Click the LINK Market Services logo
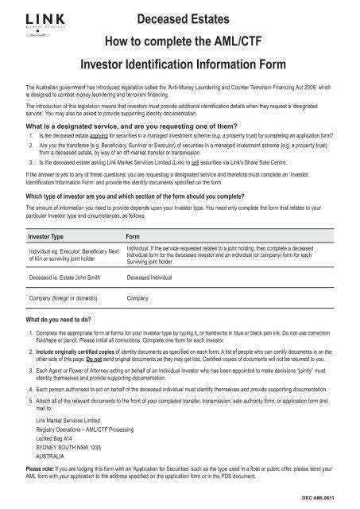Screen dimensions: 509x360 click(x=39, y=22)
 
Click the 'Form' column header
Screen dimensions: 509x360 click(x=134, y=238)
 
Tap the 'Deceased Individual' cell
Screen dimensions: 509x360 click(x=157, y=280)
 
